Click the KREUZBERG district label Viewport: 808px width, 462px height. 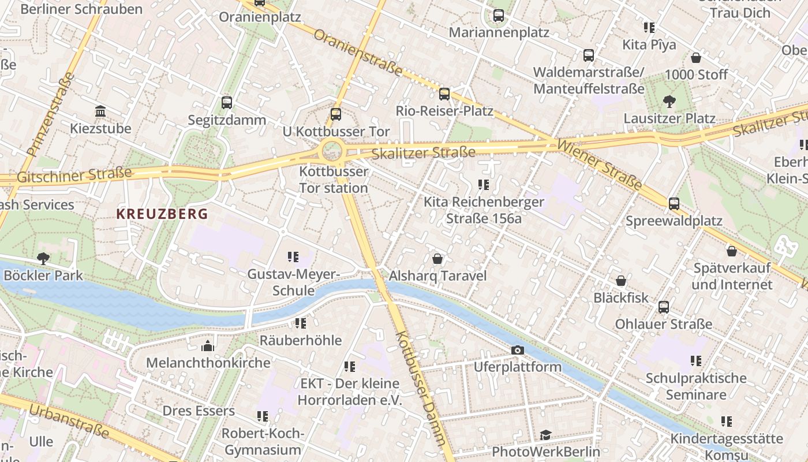click(162, 214)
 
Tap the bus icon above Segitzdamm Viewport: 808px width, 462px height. click(227, 103)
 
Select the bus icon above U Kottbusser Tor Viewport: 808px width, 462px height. click(336, 114)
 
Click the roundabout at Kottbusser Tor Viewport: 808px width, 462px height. click(332, 152)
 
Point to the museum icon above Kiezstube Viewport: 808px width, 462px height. click(100, 111)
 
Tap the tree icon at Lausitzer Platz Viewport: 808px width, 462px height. click(669, 102)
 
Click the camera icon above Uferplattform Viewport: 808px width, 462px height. click(518, 350)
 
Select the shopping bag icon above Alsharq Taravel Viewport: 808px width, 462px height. click(437, 259)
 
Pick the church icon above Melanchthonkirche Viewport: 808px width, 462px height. click(208, 346)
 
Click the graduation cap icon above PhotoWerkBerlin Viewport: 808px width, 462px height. click(545, 435)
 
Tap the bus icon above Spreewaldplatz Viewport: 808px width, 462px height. click(674, 204)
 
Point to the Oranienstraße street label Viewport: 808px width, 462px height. click(358, 53)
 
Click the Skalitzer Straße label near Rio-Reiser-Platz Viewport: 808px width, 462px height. click(424, 153)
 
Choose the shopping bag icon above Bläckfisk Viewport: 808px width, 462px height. click(621, 281)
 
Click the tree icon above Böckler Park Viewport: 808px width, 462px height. click(43, 258)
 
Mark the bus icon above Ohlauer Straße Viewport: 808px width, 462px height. click(664, 307)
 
